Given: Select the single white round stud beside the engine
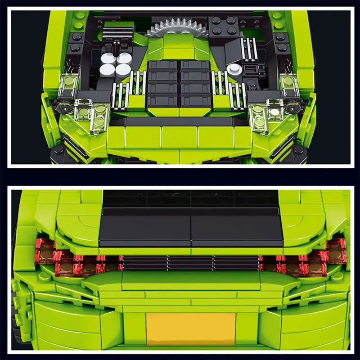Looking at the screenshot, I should [x=233, y=68].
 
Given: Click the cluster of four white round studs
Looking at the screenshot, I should [x=115, y=63].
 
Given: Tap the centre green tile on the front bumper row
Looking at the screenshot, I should [x=180, y=138].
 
